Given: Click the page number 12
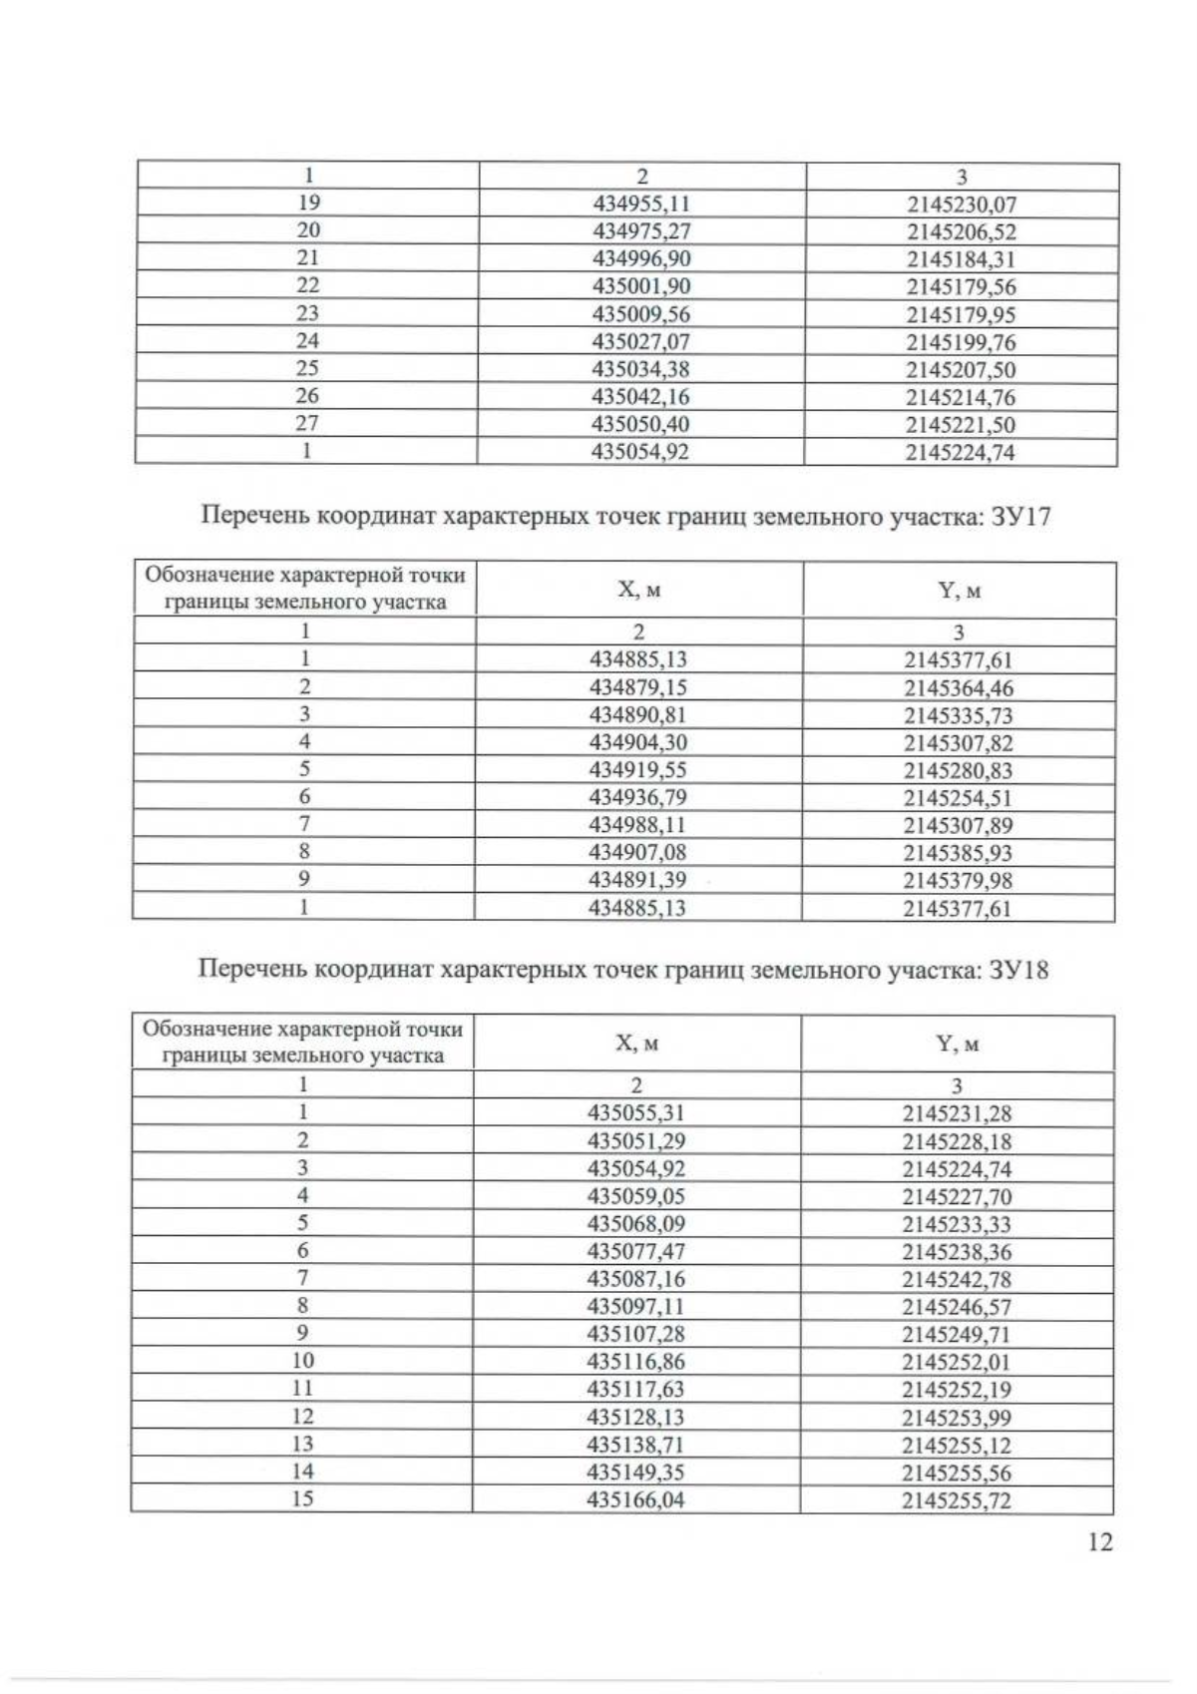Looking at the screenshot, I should (1099, 1542).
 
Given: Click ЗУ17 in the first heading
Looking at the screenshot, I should (1019, 518).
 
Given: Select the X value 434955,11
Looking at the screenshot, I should (641, 205).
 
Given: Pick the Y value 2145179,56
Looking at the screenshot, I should (961, 287).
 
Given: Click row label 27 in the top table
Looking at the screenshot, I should (306, 423).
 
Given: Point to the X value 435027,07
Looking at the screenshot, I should (640, 342).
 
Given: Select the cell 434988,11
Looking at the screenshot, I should (638, 825).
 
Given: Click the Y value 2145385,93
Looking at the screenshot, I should (959, 853).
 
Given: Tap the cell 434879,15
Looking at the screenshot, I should (638, 687).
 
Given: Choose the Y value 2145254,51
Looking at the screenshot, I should (959, 797).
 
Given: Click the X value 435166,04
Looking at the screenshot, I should (636, 1499).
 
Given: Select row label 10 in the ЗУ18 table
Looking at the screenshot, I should (303, 1361).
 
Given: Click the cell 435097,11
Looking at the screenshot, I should (636, 1306).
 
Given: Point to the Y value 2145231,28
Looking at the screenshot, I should (957, 1114).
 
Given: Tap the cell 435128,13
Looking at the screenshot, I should (636, 1417).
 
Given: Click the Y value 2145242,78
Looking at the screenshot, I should (957, 1279).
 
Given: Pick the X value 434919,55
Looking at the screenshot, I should (638, 770).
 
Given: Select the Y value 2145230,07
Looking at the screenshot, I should (961, 206).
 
